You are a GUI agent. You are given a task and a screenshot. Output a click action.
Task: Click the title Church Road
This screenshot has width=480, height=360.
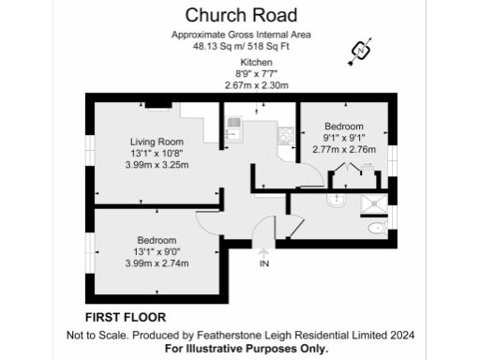[x=241, y=15]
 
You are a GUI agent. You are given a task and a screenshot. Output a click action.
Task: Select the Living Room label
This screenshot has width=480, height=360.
[x=157, y=142]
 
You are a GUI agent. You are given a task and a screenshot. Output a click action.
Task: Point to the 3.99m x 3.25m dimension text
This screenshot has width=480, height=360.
[x=157, y=165]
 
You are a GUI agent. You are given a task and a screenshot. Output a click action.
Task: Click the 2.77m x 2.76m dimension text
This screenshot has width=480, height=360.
[x=343, y=149]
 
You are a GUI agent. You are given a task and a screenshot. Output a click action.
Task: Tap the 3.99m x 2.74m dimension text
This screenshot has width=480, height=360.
[x=157, y=262]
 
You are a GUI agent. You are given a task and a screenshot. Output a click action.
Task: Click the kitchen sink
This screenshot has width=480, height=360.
[x=233, y=125]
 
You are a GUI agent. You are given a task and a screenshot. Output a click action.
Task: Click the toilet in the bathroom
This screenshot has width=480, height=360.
[x=375, y=228]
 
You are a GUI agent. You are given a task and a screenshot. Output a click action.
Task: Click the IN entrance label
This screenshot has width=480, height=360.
[x=263, y=265]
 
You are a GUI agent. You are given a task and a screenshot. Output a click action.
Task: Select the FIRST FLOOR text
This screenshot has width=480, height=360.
[x=119, y=317]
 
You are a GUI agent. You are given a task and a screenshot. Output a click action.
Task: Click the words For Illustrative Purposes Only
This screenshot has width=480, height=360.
[x=241, y=348]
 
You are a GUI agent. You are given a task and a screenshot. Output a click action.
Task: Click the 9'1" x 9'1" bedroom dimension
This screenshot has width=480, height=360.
[x=344, y=138]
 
